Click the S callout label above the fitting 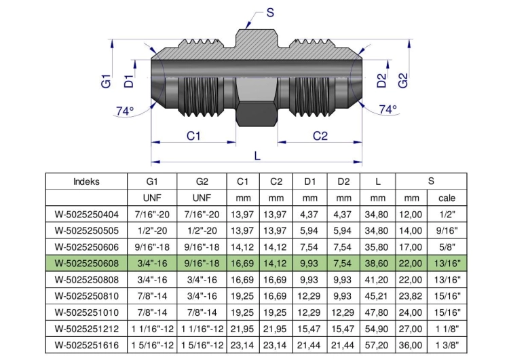pyautogui.click(x=270, y=13)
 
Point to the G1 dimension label pyautogui.click(x=106, y=81)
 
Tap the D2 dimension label pyautogui.click(x=381, y=81)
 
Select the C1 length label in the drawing pyautogui.click(x=193, y=136)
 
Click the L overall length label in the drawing pyautogui.click(x=257, y=156)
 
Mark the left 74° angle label pyautogui.click(x=125, y=111)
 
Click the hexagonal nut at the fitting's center pyautogui.click(x=256, y=114)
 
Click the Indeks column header pyautogui.click(x=86, y=181)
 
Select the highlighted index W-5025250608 pyautogui.click(x=87, y=263)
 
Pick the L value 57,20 pyautogui.click(x=377, y=345)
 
